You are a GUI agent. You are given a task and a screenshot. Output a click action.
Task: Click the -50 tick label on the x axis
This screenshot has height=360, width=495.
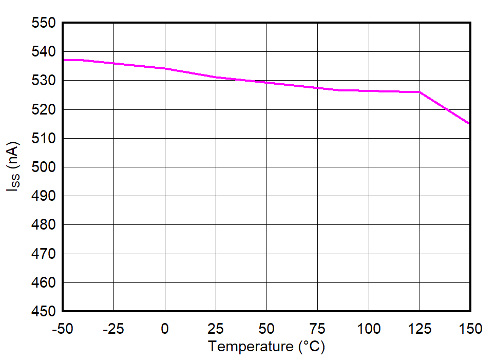62,328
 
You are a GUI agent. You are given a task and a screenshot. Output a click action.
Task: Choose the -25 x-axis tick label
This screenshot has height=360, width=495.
113,328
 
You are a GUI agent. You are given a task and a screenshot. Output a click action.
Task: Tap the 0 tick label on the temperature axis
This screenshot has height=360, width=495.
164,328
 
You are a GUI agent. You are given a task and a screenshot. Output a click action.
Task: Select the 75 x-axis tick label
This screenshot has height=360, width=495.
317,328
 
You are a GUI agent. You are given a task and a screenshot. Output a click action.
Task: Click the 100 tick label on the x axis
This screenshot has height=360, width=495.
369,328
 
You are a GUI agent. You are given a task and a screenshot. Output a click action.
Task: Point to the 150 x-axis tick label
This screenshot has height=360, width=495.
470,328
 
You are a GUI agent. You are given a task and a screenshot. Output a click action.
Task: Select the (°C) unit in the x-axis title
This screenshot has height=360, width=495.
311,347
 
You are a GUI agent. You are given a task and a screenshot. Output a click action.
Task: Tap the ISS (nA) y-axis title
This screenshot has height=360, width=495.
14,167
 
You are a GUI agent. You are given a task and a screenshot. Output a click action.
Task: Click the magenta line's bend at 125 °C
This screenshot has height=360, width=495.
420,92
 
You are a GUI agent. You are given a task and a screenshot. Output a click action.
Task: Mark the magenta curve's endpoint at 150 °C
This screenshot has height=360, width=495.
470,124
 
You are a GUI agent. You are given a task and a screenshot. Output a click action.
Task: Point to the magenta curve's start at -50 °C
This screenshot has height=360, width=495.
63,60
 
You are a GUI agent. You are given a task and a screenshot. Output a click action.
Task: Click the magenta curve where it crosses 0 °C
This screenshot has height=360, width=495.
164,68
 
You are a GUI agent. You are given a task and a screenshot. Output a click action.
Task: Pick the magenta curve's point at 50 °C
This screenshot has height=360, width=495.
266,83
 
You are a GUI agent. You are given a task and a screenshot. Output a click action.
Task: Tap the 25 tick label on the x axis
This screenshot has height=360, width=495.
215,328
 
